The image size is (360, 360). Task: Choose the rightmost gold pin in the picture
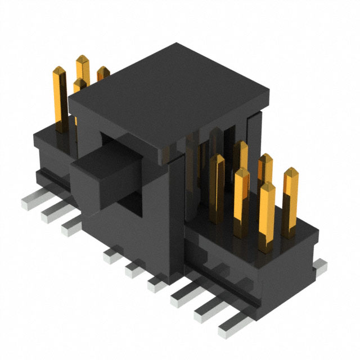pos(290,200)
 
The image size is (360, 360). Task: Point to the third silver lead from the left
pos(71,226)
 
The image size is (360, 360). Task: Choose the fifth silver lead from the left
pos(134,270)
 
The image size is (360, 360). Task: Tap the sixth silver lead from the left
pos(156,285)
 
